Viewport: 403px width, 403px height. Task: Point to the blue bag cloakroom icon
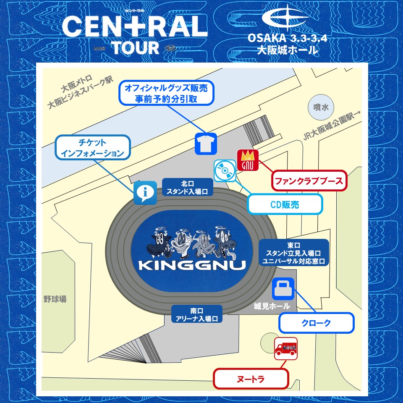click(x=284, y=288)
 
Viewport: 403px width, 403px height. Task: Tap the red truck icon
click(x=286, y=348)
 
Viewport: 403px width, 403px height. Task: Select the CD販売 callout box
click(x=285, y=205)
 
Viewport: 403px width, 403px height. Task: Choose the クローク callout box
click(x=317, y=323)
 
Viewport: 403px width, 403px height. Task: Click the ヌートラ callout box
click(x=251, y=379)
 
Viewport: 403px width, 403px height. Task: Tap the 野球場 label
click(x=55, y=299)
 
